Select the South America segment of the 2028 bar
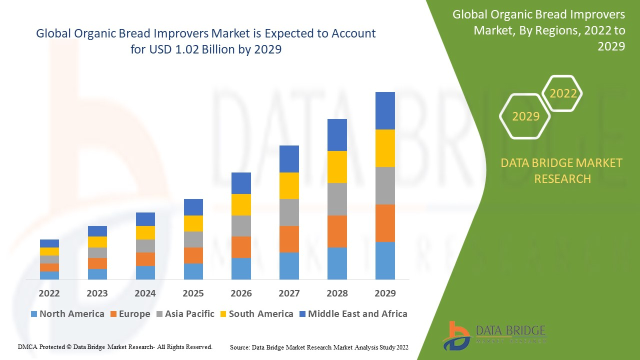click(337, 166)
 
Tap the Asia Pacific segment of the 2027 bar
click(289, 212)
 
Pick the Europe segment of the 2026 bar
click(241, 247)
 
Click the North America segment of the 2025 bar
click(193, 271)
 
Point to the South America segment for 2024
click(145, 232)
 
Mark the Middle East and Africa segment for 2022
click(49, 243)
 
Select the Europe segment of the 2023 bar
click(97, 263)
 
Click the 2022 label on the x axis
click(49, 293)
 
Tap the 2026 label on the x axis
click(241, 293)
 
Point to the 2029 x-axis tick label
click(385, 293)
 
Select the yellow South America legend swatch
click(222, 314)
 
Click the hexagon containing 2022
click(563, 93)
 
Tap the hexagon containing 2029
click(525, 116)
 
